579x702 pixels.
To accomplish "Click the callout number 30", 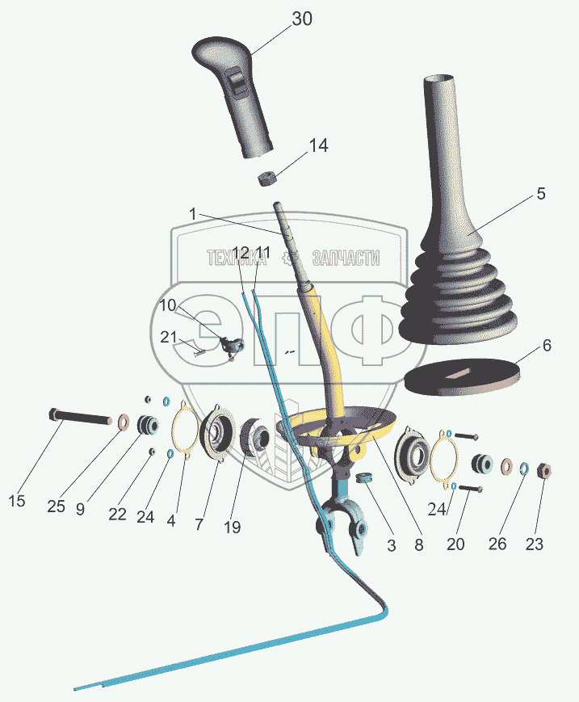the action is (x=301, y=20).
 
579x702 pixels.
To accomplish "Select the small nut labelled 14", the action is (x=267, y=178).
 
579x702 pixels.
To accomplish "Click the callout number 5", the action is (x=541, y=194).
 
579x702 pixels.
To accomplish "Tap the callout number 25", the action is (x=56, y=507).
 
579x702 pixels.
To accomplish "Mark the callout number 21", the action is (x=168, y=338).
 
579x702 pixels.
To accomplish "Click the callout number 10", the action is (x=167, y=305).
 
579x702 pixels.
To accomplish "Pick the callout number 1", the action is (x=193, y=213).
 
